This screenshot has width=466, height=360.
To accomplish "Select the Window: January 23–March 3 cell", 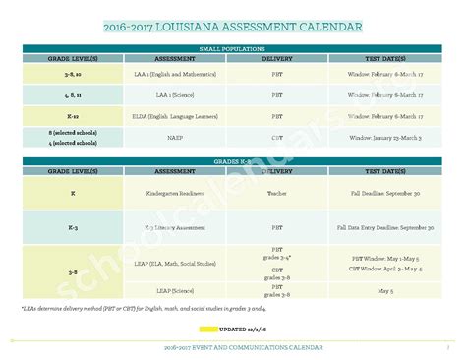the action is coord(384,137).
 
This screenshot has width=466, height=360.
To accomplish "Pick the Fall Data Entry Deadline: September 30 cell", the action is coord(384,227).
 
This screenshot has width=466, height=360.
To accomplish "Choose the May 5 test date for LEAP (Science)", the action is coord(384,291).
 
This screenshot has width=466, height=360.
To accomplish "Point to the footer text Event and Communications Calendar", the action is coord(232,348).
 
